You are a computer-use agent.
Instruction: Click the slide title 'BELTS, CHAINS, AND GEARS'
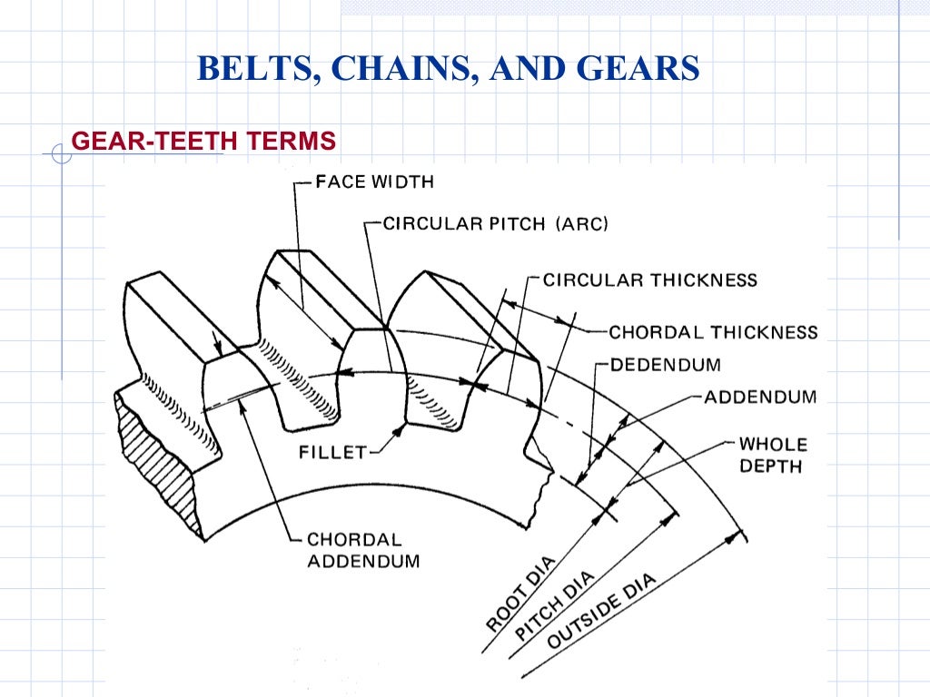click(449, 69)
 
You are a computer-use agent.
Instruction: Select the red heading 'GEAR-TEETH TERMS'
click(203, 141)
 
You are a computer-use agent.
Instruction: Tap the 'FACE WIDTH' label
click(374, 182)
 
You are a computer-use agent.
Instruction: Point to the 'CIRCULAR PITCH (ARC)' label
click(495, 223)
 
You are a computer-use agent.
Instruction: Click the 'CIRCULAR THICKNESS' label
click(649, 280)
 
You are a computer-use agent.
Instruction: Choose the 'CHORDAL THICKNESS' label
click(713, 332)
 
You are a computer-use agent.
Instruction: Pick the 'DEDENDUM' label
click(666, 365)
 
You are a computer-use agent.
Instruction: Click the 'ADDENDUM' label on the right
click(760, 397)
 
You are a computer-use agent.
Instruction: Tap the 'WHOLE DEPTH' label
click(771, 455)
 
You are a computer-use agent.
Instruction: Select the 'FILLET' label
click(332, 452)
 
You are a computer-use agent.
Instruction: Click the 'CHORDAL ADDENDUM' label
click(363, 550)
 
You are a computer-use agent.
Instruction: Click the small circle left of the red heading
click(61, 155)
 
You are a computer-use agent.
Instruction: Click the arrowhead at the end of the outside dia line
click(732, 537)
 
